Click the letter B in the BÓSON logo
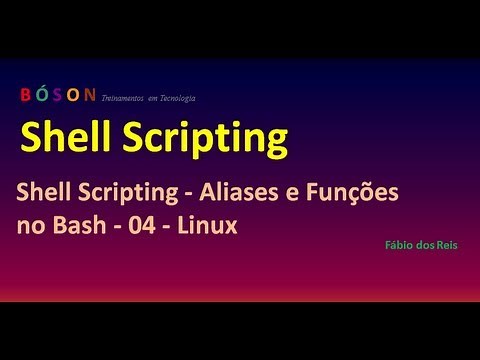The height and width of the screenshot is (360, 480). pyautogui.click(x=25, y=96)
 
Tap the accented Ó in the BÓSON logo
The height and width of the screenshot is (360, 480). pyautogui.click(x=42, y=96)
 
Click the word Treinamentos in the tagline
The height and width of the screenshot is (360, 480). pyautogui.click(x=126, y=98)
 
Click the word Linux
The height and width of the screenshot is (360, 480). pyautogui.click(x=207, y=226)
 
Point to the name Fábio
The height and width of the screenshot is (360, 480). pyautogui.click(x=398, y=244)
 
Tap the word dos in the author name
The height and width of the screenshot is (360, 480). pyautogui.click(x=424, y=244)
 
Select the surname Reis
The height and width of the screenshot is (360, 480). pyautogui.click(x=446, y=244)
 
